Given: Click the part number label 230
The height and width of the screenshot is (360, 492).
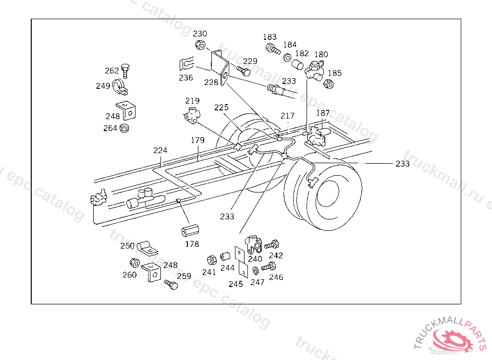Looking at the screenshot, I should pos(200,34).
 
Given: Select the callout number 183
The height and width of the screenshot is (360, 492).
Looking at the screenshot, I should pos(270,37).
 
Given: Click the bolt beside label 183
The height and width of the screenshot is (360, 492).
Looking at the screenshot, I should pos(272,48).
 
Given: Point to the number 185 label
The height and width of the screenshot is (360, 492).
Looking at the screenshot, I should pos(334,73).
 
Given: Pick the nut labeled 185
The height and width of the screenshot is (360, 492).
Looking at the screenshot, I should pos(328,84).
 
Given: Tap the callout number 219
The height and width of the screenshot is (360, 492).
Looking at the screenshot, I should pos(193,101).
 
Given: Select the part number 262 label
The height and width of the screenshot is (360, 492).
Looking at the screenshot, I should pos(111,71).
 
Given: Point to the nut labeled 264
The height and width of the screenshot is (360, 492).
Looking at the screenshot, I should pos(124,128).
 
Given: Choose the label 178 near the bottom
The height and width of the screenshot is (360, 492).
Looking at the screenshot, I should pos(192,244).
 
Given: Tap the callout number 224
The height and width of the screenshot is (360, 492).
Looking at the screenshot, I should pos(160,150).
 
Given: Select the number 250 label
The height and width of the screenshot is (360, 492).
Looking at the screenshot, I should pos(127,246).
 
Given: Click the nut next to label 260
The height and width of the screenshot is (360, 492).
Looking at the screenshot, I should pos(135,263).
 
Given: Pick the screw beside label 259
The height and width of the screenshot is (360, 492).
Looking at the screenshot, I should pos(171,285).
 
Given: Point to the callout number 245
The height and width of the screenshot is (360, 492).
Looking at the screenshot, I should pos(235,284).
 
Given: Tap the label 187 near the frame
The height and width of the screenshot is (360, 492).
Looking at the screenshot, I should pos(323,113).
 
